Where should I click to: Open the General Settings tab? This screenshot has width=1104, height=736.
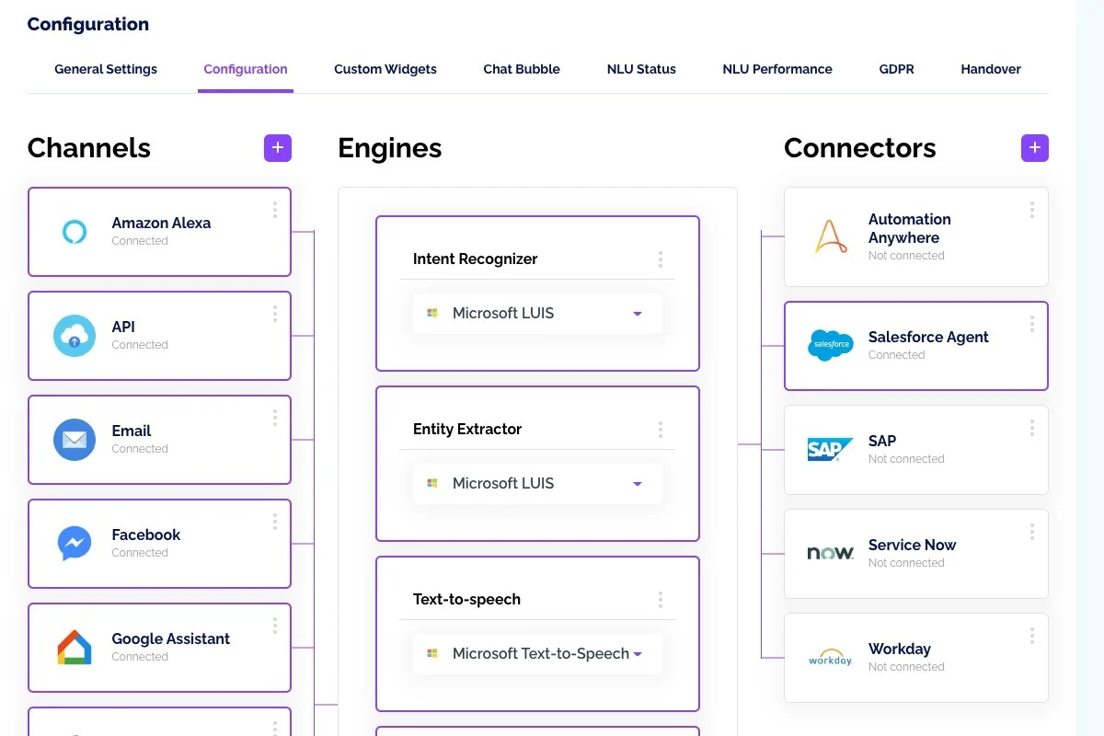click(x=106, y=69)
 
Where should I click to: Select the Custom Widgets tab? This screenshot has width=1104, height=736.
click(x=385, y=69)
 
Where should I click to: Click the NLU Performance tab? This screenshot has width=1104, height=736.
click(x=777, y=69)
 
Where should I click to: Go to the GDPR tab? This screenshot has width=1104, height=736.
click(x=896, y=69)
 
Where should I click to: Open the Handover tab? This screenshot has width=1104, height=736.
click(x=991, y=69)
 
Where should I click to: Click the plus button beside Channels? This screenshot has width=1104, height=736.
click(x=278, y=148)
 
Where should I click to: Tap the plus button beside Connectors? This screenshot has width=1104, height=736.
click(x=1034, y=148)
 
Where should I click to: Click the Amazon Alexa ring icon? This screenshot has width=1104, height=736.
click(x=75, y=232)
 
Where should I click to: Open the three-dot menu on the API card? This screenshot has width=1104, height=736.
click(x=275, y=314)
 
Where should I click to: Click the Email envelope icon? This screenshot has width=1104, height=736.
click(x=75, y=440)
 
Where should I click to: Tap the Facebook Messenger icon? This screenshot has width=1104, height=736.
click(x=75, y=543)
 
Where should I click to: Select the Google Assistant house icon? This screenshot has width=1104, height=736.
click(x=75, y=648)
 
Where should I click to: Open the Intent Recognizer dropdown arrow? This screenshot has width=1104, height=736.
click(x=638, y=314)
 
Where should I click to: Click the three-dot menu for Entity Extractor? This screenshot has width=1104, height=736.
click(x=661, y=430)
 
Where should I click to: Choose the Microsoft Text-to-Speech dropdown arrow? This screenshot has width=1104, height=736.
click(x=638, y=654)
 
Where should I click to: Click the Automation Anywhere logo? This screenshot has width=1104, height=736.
click(x=831, y=236)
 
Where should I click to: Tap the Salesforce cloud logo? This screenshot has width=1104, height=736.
click(x=831, y=345)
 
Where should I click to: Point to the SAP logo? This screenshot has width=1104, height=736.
click(x=830, y=449)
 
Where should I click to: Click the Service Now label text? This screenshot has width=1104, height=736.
click(x=912, y=545)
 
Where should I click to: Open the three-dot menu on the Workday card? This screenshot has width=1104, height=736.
click(x=1032, y=636)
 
